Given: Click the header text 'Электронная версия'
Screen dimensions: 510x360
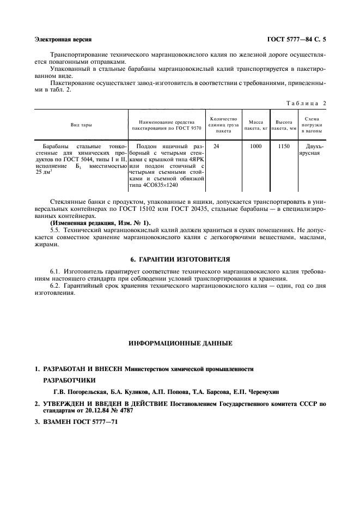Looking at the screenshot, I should pyautogui.click(x=63, y=40).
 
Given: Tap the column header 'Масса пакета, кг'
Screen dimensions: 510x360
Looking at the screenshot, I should pyautogui.click(x=255, y=125).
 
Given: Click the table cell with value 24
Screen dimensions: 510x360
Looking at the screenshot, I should pyautogui.click(x=216, y=147).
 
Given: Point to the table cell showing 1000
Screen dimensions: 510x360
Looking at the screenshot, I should pyautogui.click(x=255, y=147).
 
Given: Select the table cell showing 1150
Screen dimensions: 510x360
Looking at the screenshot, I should pyautogui.click(x=284, y=147).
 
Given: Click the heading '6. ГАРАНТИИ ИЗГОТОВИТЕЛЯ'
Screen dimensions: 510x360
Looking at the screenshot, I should pyautogui.click(x=180, y=259).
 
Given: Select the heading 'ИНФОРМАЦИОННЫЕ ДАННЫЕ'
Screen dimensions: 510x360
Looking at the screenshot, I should pyautogui.click(x=180, y=344).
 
